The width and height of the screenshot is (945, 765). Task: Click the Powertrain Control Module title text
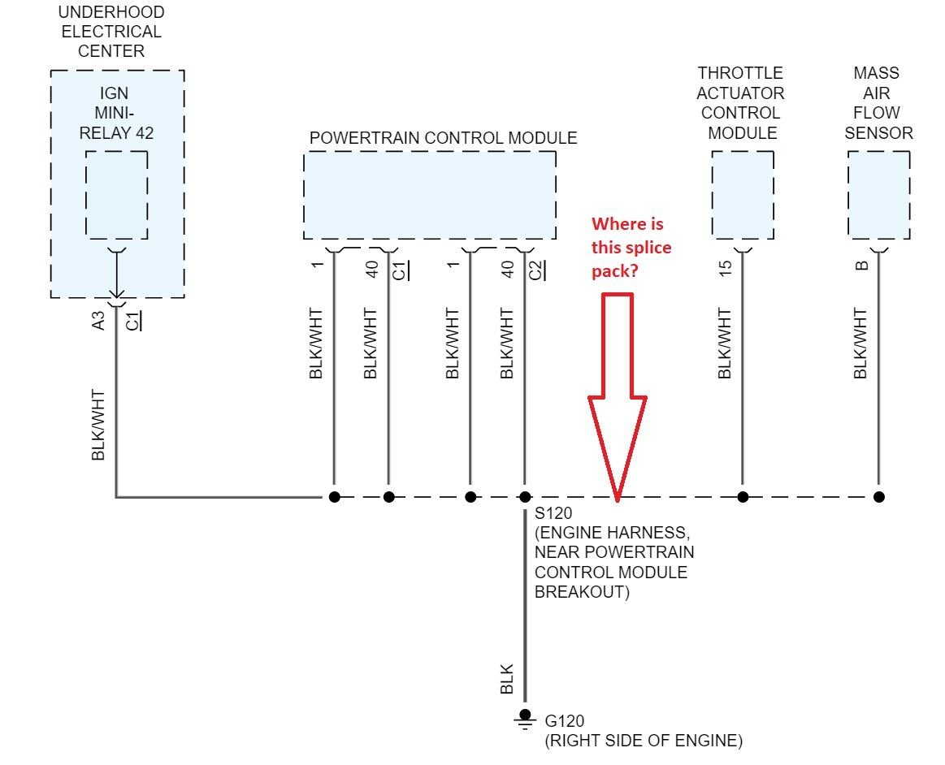[x=443, y=138]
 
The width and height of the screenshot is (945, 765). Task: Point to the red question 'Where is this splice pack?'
[x=631, y=247]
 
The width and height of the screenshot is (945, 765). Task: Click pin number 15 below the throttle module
[x=726, y=266]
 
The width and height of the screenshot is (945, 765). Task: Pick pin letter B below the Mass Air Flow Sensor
[x=863, y=264]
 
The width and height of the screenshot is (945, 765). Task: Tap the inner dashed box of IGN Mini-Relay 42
[x=117, y=195]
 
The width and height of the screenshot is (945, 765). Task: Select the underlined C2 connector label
[x=537, y=270]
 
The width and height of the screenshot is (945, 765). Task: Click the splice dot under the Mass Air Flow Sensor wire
[x=878, y=496]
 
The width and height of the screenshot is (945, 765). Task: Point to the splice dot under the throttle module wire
[x=742, y=496]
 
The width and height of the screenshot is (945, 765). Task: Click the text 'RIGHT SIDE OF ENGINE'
[x=643, y=741]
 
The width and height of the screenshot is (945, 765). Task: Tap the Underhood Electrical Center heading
[x=111, y=32]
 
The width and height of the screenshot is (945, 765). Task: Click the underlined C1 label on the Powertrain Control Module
[x=401, y=270]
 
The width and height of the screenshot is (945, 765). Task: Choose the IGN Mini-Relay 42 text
[x=115, y=113]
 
